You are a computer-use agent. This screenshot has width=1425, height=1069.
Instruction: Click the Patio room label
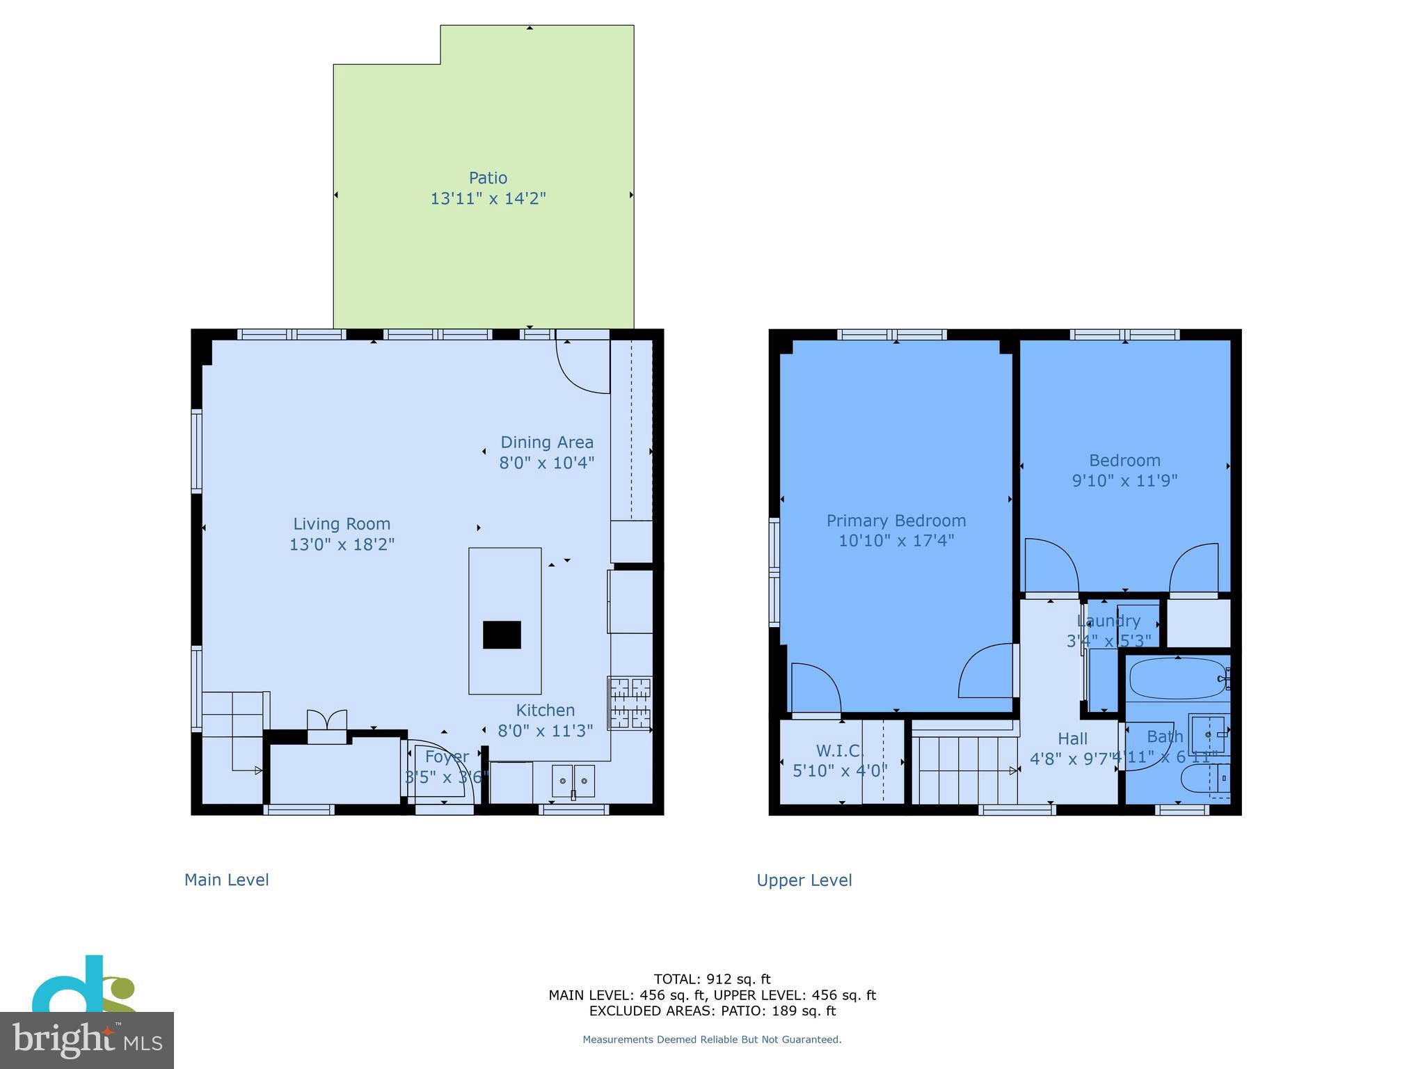pos(488,178)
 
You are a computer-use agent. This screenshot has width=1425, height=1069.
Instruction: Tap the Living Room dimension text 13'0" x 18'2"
pos(342,544)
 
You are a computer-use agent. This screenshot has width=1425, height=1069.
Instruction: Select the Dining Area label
pos(547,443)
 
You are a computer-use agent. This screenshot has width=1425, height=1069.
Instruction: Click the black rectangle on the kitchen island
pos(502,635)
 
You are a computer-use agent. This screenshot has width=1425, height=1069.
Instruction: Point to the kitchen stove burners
pos(630,703)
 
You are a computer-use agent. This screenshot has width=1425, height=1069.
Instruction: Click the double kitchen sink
pos(574,781)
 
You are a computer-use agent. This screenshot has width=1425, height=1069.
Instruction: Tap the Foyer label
pos(447,757)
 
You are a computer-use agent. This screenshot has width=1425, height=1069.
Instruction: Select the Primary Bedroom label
pos(895,521)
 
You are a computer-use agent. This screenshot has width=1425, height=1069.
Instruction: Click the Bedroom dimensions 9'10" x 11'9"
pos(1124,481)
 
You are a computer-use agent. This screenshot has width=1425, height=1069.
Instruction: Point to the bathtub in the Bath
pos(1177,679)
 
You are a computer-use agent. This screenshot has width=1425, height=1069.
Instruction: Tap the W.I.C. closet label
pos(839,751)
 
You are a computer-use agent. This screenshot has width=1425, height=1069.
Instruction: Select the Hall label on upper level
pos(1072,738)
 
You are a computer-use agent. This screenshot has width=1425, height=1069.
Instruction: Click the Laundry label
pos(1108,621)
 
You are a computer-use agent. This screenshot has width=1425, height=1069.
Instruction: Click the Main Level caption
pos(226,880)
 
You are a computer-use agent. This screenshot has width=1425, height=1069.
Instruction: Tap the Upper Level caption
pos(804,880)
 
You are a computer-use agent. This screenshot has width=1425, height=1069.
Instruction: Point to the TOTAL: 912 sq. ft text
pos(712,979)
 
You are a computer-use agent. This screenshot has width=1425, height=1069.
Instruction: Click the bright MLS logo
pos(86,1040)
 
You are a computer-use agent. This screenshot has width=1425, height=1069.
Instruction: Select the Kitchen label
pos(545,711)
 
